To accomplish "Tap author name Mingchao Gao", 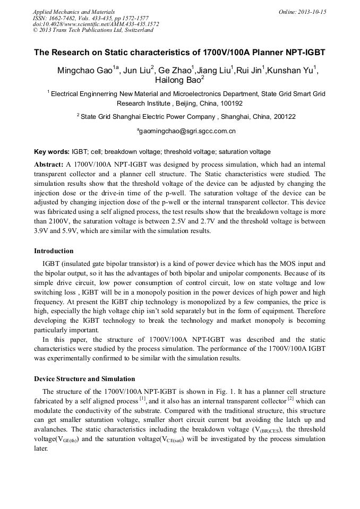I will point(87,71).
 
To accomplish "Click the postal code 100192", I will point(232,103).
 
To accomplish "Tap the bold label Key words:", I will point(52,151).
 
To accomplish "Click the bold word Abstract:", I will point(49,165).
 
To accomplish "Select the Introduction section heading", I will point(54,251).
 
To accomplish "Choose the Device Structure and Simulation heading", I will point(84,379).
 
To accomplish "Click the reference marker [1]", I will point(142,398).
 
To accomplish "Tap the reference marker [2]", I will point(290,398).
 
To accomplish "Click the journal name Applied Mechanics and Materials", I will point(74,12).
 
